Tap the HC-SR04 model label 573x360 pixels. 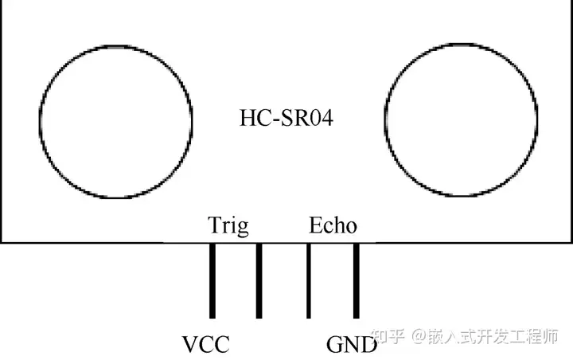[x=286, y=119]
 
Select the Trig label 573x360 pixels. [x=228, y=226]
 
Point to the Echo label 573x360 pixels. [x=333, y=226]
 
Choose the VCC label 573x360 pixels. [x=206, y=345]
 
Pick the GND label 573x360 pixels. [x=352, y=345]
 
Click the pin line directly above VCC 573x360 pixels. [x=212, y=281]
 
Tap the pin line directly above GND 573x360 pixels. [x=357, y=281]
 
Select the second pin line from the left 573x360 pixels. [x=259, y=281]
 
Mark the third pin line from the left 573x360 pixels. [x=309, y=281]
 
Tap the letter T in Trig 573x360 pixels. [x=214, y=226]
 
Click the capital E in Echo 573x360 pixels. [x=315, y=226]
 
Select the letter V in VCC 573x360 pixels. [x=190, y=345]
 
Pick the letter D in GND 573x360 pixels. [x=368, y=345]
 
